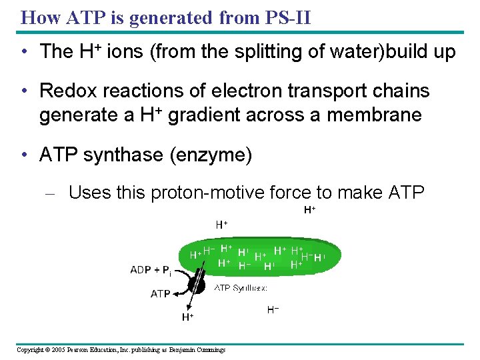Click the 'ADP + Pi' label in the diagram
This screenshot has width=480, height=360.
pos(151,271)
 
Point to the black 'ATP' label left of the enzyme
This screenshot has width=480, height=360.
pos(161,293)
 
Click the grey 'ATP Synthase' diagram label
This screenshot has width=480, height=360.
pos(241,288)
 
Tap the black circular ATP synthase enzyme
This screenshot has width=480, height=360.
pos(196,285)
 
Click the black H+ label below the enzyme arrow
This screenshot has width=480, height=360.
pos(188,318)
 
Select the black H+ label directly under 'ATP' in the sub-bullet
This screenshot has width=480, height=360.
pos(309,209)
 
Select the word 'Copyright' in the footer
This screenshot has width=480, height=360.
pos(30,350)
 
